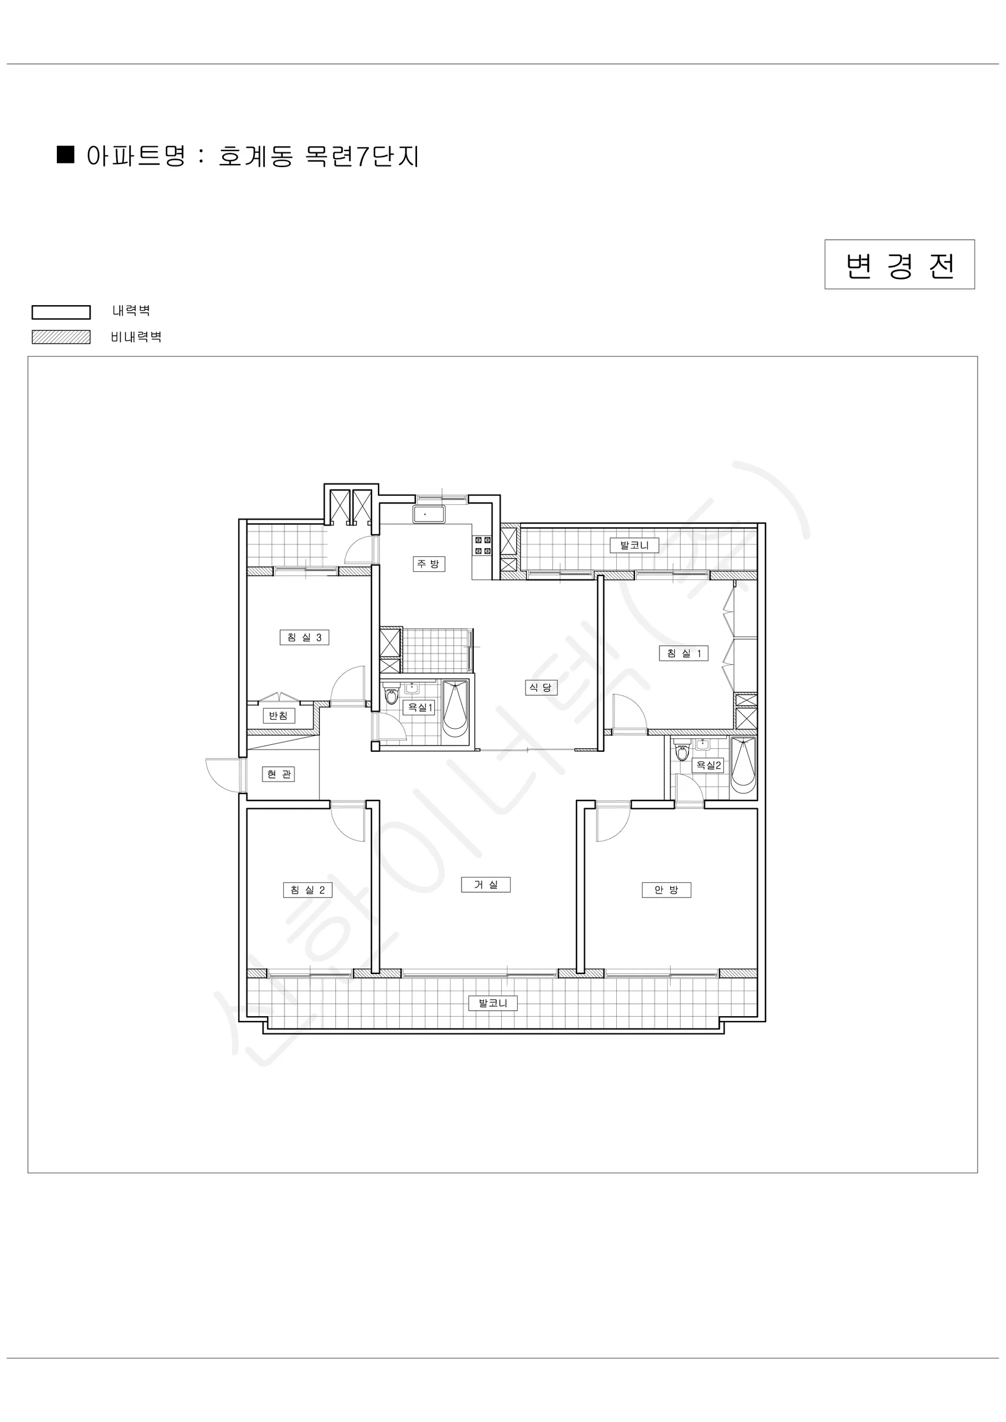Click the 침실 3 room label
304,638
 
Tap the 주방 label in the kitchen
429,563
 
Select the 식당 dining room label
541,687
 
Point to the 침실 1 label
683,654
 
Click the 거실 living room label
486,885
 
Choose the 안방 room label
667,890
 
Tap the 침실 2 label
308,890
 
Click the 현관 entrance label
279,774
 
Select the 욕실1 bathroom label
418,707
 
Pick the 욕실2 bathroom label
707,766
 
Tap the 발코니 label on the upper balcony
635,546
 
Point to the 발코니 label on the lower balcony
493,1003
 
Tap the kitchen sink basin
429,515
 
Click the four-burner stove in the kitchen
482,546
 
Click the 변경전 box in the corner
899,264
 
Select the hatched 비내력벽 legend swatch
60,337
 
